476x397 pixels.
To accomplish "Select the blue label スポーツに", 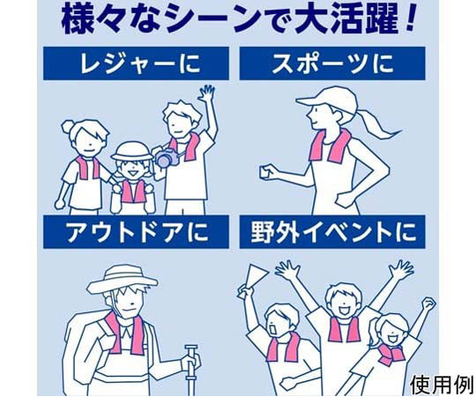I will (x=332, y=63).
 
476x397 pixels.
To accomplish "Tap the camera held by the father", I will (x=165, y=157).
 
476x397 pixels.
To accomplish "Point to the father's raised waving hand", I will (x=207, y=94).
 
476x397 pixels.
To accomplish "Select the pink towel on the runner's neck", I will (x=328, y=146).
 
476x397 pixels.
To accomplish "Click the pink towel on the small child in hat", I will (x=133, y=190).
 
